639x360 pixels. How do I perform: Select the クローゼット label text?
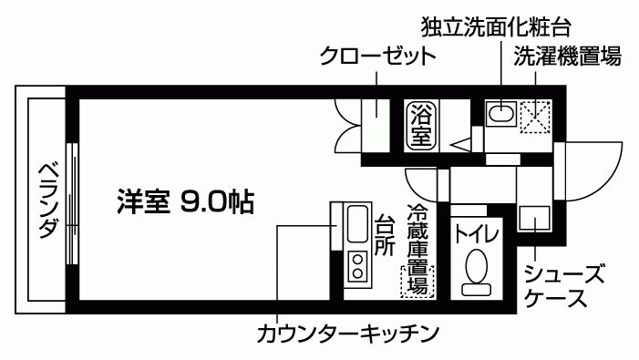coord(376,57)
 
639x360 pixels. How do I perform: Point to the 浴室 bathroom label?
coord(419,126)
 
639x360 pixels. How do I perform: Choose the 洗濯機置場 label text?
coord(566,57)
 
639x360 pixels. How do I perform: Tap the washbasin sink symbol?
coord(500,114)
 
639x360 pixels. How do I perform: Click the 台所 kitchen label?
coord(385,235)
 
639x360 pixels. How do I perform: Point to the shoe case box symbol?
coord(533,219)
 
